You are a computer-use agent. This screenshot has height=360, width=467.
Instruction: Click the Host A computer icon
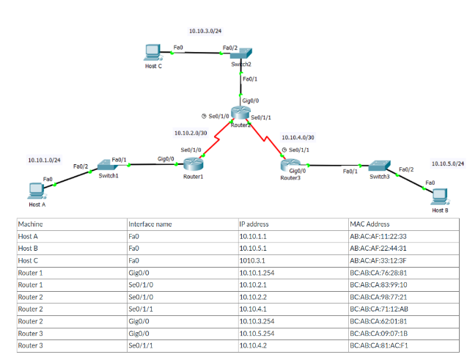tap(34, 191)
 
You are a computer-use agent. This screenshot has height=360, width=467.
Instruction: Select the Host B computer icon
tap(439, 196)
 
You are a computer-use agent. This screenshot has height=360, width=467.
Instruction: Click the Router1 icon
tap(193, 165)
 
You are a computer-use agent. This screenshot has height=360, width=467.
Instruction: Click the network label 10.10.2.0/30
tap(190, 133)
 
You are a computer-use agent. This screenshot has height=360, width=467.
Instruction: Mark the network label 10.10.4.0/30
tap(298, 137)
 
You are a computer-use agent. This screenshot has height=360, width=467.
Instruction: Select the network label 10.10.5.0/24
tap(447, 164)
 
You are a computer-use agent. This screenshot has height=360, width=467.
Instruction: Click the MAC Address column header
tap(370, 224)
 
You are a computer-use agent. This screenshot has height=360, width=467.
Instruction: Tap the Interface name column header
tap(150, 224)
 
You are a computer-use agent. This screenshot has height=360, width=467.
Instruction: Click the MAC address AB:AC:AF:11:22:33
tap(378, 236)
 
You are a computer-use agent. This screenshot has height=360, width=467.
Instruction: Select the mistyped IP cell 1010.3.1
tap(253, 260)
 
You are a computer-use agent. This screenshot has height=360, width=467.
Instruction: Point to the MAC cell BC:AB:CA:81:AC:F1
tap(378, 345)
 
